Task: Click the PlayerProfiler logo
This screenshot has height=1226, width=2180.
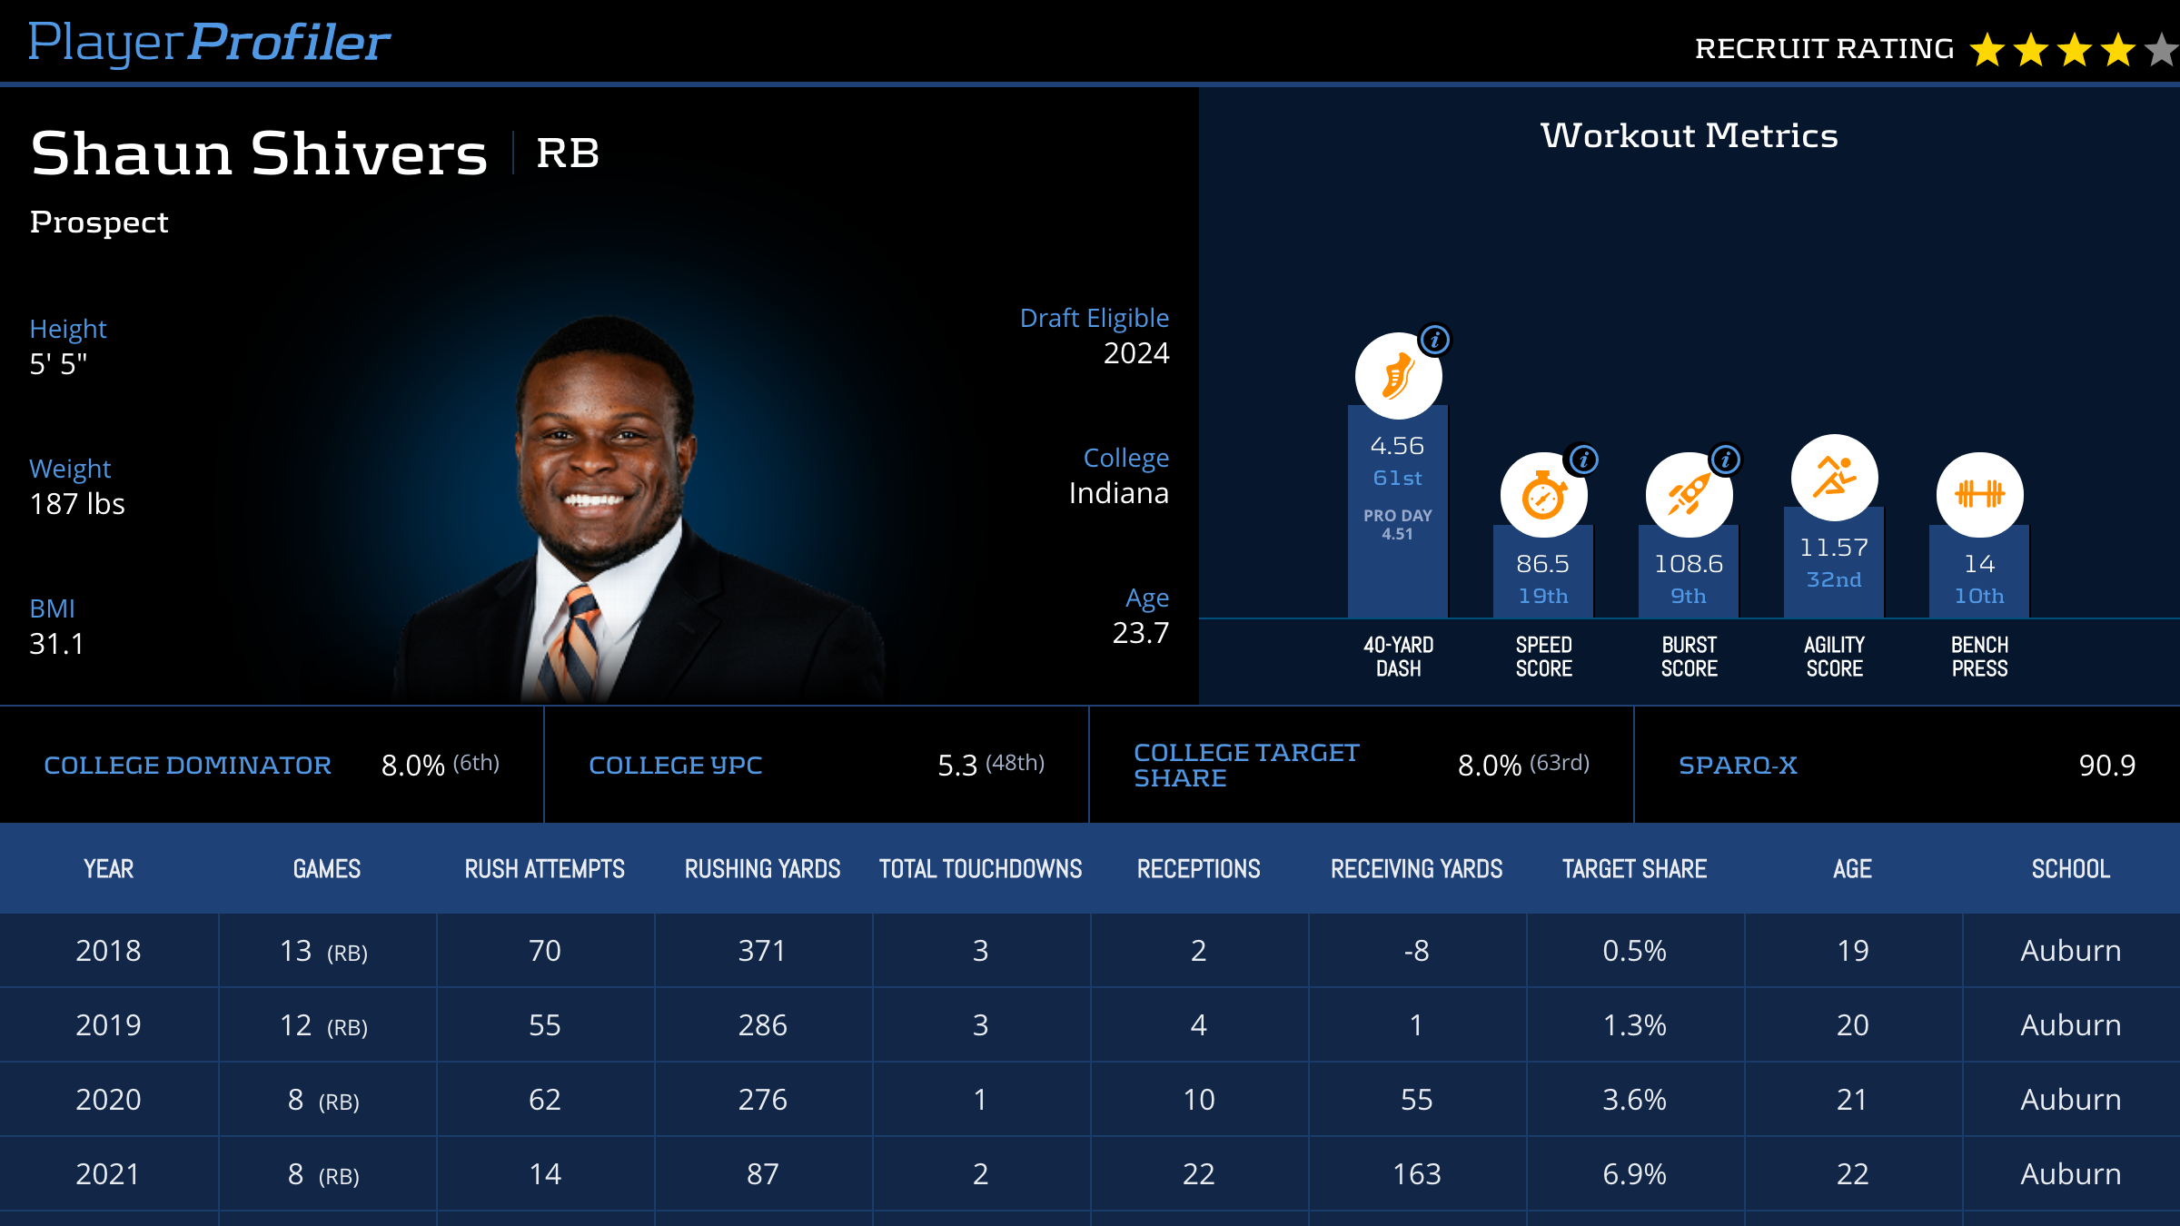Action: pyautogui.click(x=209, y=42)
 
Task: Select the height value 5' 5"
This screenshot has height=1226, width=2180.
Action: pyautogui.click(x=58, y=364)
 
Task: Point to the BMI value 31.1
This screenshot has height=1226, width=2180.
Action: pyautogui.click(x=56, y=644)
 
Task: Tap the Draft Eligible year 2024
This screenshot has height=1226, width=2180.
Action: pyautogui.click(x=1135, y=353)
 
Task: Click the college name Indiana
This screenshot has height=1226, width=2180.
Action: pyautogui.click(x=1118, y=493)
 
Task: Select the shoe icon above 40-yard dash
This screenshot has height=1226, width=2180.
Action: pyautogui.click(x=1398, y=376)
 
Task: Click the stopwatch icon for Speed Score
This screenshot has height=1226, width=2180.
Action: pyautogui.click(x=1543, y=496)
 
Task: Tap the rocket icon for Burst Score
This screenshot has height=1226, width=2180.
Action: pyautogui.click(x=1689, y=496)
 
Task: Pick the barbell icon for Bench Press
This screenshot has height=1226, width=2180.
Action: pyautogui.click(x=1979, y=494)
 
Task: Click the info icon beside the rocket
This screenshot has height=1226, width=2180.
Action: pyautogui.click(x=1726, y=460)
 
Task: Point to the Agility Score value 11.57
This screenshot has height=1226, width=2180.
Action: pyautogui.click(x=1834, y=548)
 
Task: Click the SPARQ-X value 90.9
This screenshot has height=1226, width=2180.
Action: pyautogui.click(x=2106, y=766)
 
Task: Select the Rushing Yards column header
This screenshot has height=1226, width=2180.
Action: pyautogui.click(x=762, y=869)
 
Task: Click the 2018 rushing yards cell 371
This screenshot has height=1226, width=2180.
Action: pyautogui.click(x=762, y=951)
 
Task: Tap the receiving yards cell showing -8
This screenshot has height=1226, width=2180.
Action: pyautogui.click(x=1416, y=951)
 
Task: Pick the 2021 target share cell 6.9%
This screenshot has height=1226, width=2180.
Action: pyautogui.click(x=1634, y=1174)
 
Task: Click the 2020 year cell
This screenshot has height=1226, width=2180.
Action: pyautogui.click(x=108, y=1100)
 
